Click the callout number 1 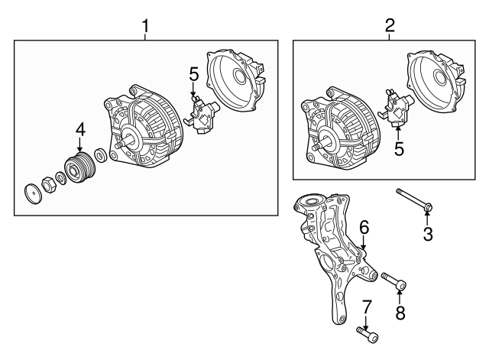pos(145,27)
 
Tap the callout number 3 pos(428,235)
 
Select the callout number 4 pos(79,132)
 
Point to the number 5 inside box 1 pos(194,75)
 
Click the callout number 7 pos(366,307)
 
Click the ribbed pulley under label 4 pos(79,168)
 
